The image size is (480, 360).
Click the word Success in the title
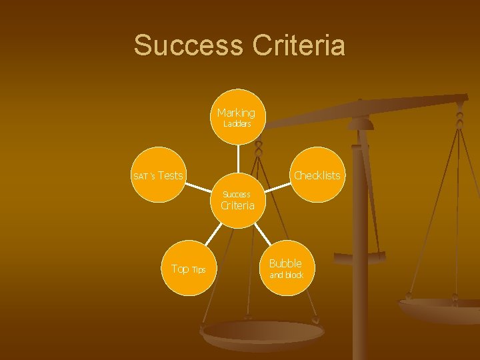(x=188, y=45)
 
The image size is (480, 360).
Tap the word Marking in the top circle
(x=236, y=113)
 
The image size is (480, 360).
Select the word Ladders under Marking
(x=237, y=124)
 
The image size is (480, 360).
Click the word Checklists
(x=317, y=175)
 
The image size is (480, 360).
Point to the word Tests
(x=171, y=175)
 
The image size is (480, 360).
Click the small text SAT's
(x=143, y=177)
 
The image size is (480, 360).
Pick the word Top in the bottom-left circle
(x=180, y=269)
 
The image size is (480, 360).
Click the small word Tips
(x=199, y=270)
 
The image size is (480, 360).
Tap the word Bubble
(x=285, y=263)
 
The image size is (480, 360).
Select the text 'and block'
(x=286, y=275)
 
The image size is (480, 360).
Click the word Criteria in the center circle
(x=237, y=205)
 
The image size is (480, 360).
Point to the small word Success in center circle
(x=237, y=194)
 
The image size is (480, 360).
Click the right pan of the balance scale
(x=440, y=309)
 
